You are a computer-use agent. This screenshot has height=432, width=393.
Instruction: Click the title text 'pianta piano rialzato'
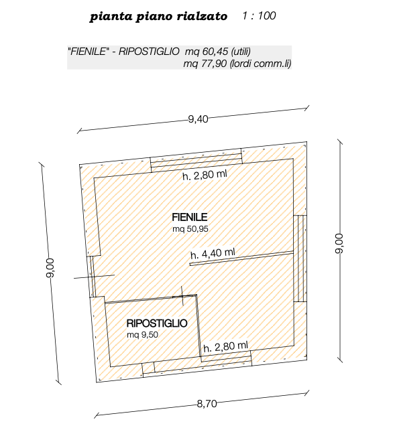pyautogui.click(x=158, y=17)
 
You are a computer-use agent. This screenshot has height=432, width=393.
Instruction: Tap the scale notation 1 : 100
pyautogui.click(x=259, y=15)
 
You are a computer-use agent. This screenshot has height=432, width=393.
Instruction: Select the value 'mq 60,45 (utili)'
pyautogui.click(x=217, y=52)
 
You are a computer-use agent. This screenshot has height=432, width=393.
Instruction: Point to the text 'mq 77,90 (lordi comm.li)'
pyautogui.click(x=237, y=64)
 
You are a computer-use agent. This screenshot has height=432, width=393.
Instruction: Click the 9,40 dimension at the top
pyautogui.click(x=198, y=119)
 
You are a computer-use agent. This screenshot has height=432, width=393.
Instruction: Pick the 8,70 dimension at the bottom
pyautogui.click(x=207, y=404)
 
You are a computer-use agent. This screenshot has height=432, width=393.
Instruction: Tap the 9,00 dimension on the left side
pyautogui.click(x=50, y=268)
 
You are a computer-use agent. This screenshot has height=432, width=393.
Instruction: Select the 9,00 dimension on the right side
pyautogui.click(x=339, y=244)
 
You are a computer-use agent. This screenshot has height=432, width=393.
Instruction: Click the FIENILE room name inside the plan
pyautogui.click(x=190, y=217)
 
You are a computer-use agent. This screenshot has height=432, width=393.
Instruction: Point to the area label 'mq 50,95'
pyautogui.click(x=190, y=229)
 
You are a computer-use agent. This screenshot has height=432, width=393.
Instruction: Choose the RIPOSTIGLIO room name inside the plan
pyautogui.click(x=157, y=323)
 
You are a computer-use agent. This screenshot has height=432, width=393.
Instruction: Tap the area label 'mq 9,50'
pyautogui.click(x=142, y=335)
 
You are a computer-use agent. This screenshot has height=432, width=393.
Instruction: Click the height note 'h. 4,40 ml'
pyautogui.click(x=213, y=253)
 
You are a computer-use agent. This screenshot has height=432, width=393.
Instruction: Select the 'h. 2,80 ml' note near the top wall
pyautogui.click(x=205, y=175)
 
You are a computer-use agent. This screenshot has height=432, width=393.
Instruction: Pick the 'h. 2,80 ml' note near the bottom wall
pyautogui.click(x=225, y=346)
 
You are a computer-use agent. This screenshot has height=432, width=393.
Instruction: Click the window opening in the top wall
pyautogui.click(x=196, y=161)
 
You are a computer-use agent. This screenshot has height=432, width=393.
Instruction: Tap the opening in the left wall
pyautogui.click(x=93, y=277)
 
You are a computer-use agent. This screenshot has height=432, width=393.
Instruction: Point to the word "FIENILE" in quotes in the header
pyautogui.click(x=88, y=52)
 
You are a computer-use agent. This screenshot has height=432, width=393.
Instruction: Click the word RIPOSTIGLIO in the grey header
pyautogui.click(x=149, y=52)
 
